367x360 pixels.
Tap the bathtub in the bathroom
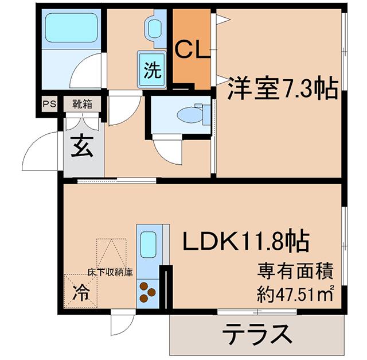71,28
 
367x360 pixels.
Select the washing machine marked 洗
152,69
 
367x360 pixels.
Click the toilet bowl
190,115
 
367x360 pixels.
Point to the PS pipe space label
50,103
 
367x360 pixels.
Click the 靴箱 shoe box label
82,103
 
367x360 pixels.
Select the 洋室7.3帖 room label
283,88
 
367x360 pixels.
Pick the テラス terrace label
257,334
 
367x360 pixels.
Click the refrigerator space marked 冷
81,292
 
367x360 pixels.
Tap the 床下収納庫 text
110,272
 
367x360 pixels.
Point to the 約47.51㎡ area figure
295,294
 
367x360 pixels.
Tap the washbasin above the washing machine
155,29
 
